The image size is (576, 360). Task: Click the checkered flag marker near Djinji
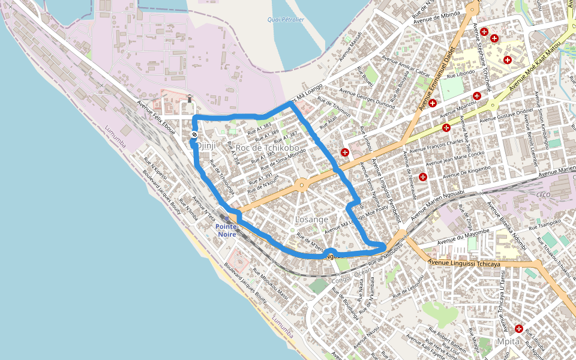point(194,134)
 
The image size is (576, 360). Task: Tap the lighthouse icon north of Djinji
point(190,99)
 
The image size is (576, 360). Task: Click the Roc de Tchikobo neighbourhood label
point(268,148)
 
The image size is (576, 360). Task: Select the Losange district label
point(311,220)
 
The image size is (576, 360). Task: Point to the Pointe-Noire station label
point(228,230)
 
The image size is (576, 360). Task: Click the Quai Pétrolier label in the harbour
point(286,20)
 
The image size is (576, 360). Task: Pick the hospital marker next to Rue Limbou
point(345,152)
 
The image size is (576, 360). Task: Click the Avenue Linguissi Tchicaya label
point(464,262)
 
